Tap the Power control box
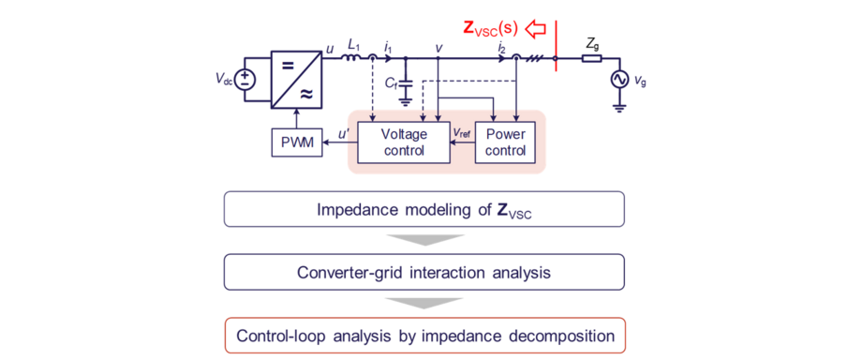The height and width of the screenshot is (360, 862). click(506, 142)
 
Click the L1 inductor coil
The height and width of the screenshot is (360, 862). click(352, 58)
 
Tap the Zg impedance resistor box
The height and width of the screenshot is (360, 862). click(591, 58)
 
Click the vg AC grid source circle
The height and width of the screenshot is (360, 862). click(619, 82)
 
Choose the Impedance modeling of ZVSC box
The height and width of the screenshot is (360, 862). click(424, 209)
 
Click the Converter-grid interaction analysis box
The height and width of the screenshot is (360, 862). click(424, 272)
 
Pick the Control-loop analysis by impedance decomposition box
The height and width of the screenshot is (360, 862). click(424, 335)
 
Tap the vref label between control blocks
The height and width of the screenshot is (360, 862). click(462, 133)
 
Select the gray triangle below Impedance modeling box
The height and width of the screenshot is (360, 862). click(424, 240)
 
